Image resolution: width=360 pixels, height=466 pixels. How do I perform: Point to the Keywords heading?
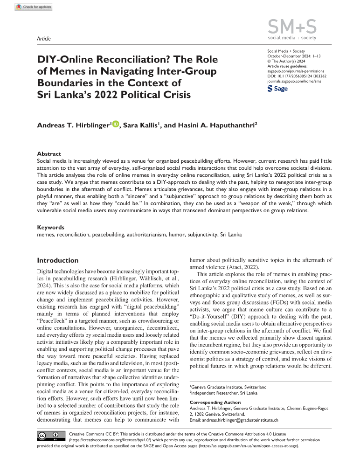click(51, 227)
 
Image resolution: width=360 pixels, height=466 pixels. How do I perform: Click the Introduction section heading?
click(58, 260)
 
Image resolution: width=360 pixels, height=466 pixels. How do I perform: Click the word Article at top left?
click(44, 39)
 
